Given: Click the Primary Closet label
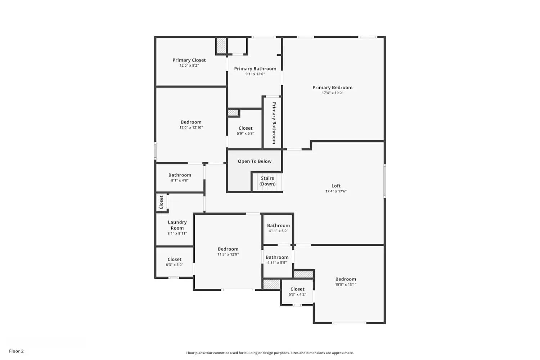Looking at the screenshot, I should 189,60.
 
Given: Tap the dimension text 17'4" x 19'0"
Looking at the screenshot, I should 332,93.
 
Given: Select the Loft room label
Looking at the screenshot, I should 336,186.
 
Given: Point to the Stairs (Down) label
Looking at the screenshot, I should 267,181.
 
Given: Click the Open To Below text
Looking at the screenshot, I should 255,161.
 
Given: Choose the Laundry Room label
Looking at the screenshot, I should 177,225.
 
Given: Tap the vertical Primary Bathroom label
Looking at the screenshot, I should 274,123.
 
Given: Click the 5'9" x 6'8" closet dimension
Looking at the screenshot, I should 246,134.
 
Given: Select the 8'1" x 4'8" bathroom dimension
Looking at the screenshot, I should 180,180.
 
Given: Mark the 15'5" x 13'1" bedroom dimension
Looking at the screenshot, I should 346,284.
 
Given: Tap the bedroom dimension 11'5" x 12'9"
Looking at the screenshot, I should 228,254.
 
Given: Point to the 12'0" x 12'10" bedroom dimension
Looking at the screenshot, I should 191,127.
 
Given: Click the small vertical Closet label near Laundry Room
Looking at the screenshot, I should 161,202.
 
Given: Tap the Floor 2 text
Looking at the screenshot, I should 16,351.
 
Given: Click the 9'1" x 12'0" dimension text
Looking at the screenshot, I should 255,74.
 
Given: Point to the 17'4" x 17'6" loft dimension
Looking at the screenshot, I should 336,191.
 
